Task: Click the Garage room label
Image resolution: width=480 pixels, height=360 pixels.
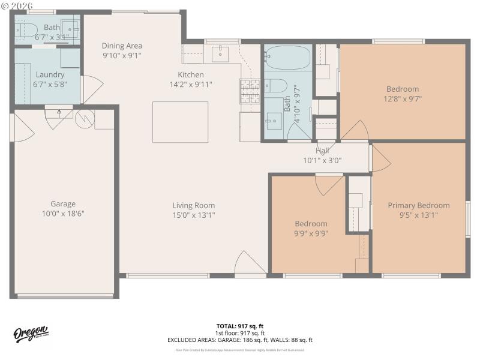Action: [63, 204]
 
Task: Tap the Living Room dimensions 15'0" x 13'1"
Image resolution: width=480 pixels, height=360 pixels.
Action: [193, 215]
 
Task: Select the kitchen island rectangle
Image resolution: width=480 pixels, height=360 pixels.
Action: [180, 122]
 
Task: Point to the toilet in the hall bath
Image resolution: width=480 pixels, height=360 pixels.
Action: [277, 85]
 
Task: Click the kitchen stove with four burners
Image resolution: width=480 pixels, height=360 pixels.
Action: [249, 91]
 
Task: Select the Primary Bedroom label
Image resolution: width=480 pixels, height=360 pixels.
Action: [418, 205]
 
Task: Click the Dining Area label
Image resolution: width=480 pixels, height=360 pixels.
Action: [122, 46]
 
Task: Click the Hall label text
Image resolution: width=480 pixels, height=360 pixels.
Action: [322, 151]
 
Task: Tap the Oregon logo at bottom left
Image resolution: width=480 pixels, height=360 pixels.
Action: [32, 335]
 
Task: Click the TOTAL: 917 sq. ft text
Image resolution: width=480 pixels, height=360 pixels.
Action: [240, 326]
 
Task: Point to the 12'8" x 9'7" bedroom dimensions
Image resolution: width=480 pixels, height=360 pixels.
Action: [403, 99]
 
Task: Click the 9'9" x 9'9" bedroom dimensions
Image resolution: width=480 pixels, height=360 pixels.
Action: [310, 233]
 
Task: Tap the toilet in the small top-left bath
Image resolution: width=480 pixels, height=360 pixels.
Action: [26, 28]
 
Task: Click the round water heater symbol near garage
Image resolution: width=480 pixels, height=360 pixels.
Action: [85, 118]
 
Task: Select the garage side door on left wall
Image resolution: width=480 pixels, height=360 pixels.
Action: [21, 128]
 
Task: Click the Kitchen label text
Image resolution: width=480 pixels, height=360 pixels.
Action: [191, 75]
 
